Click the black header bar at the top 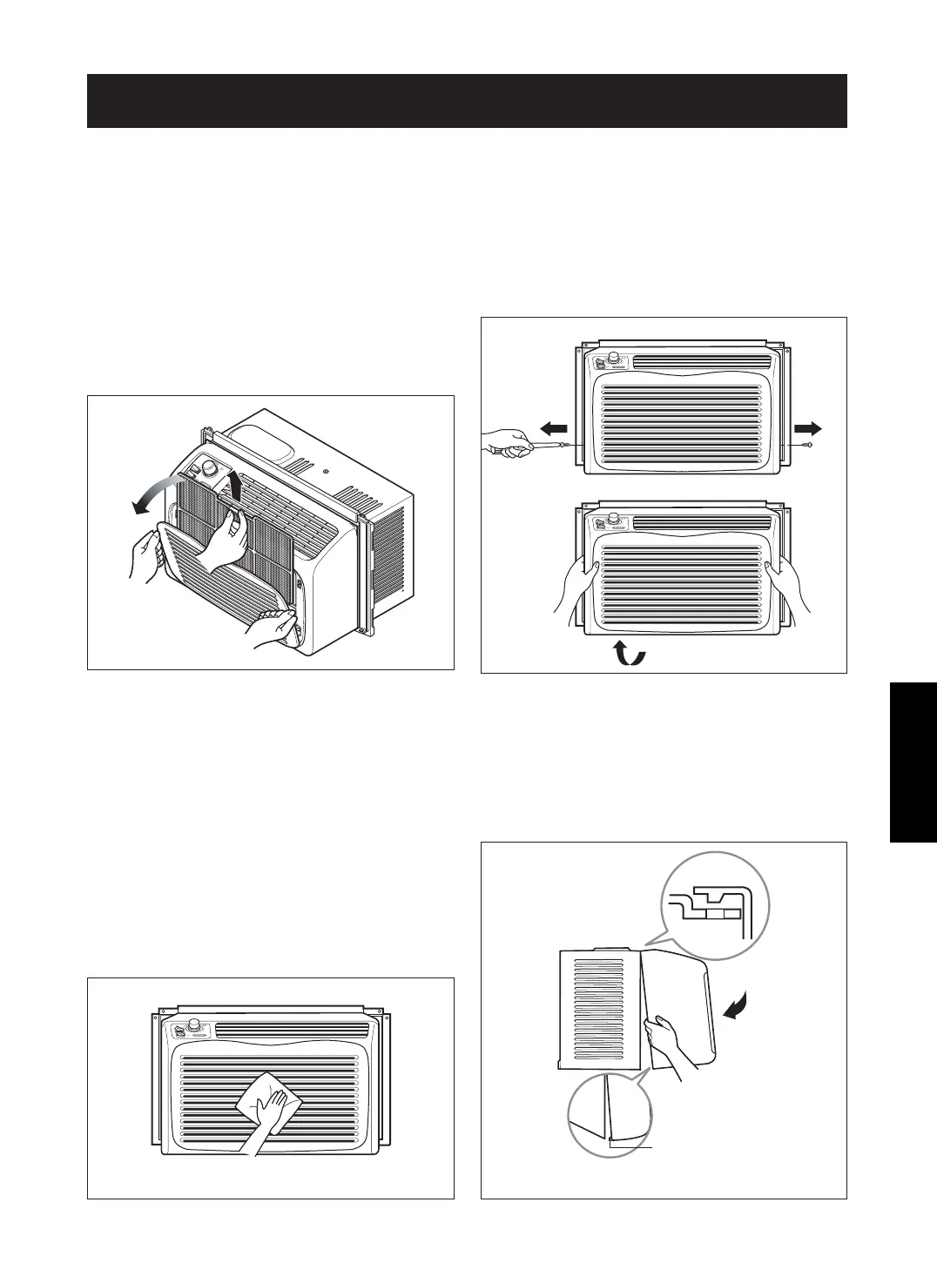467,100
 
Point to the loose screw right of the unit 808,446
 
